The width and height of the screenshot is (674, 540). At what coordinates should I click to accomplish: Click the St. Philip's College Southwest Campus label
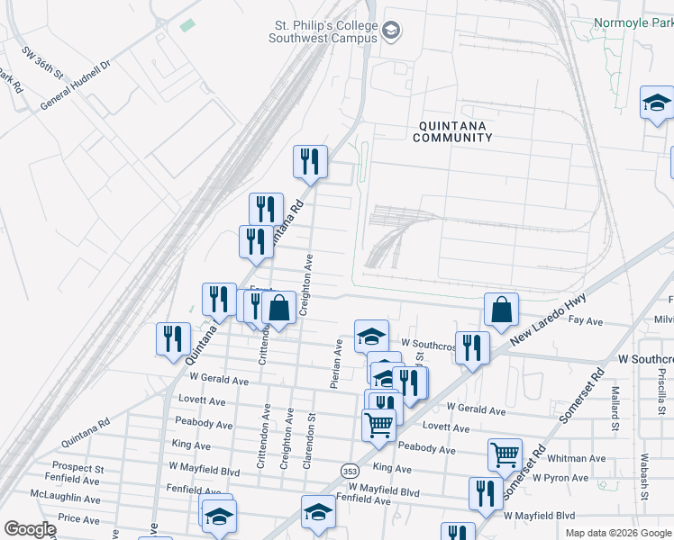tap(325, 32)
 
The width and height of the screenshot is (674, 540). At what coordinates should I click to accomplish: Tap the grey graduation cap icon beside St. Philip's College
tap(391, 32)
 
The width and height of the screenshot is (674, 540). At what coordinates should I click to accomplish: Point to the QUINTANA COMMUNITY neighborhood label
tap(452, 131)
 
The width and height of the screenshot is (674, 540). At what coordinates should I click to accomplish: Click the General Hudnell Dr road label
tap(75, 86)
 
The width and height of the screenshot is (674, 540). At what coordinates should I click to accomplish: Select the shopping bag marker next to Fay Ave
tap(501, 310)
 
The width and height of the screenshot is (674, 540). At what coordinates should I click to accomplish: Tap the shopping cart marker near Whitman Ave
tap(505, 455)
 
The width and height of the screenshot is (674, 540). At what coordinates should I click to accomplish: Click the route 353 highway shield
tap(351, 470)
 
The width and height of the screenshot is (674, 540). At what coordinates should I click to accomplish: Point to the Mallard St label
tap(617, 406)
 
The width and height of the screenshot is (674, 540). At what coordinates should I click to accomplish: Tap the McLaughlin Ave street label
tap(65, 497)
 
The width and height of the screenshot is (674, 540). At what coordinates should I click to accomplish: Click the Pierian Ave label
tap(335, 363)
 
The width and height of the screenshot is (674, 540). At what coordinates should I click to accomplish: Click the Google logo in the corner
tap(30, 528)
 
